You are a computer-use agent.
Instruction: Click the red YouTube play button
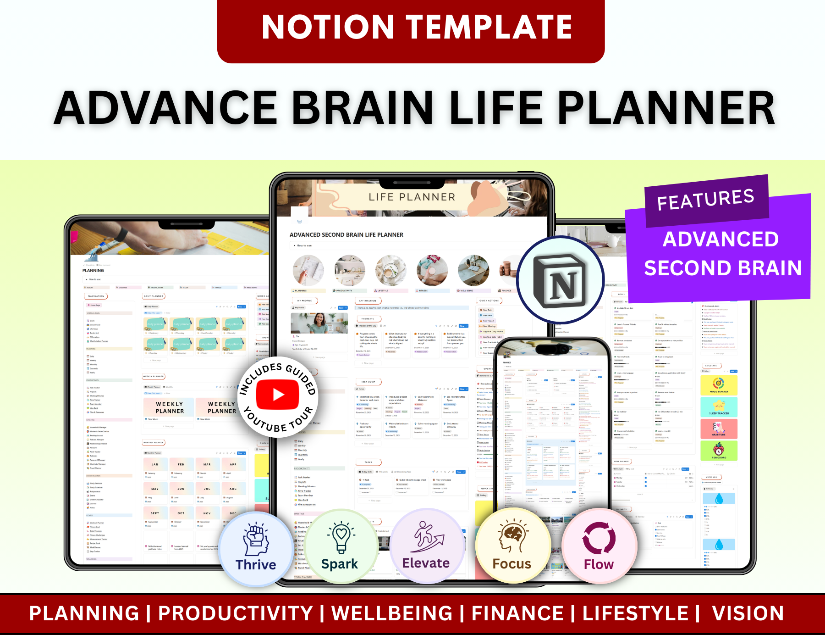click(278, 395)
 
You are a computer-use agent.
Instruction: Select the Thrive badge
click(256, 549)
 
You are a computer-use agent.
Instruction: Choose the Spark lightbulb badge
click(340, 547)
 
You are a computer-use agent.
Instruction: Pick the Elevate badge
click(426, 546)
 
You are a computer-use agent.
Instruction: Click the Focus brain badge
click(512, 546)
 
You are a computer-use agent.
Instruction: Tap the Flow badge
click(599, 546)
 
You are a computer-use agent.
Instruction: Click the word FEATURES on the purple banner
click(705, 200)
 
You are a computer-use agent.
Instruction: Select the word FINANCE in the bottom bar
click(517, 613)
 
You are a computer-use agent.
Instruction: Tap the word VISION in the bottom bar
click(748, 613)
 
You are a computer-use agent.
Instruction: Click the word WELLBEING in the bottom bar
click(392, 613)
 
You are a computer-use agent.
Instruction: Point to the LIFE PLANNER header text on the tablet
click(412, 197)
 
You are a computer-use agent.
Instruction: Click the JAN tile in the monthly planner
click(155, 464)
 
